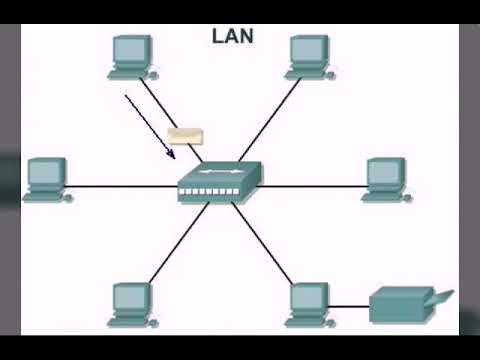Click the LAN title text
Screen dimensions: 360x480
coord(233,37)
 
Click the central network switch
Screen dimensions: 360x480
coord(220,182)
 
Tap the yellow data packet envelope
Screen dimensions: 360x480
coord(183,136)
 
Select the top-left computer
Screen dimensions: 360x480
coord(133,57)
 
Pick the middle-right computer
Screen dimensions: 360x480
coord(385,180)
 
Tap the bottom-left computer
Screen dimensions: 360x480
coord(133,304)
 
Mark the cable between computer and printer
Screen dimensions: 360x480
coord(350,306)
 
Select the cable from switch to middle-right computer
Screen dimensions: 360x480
coord(310,185)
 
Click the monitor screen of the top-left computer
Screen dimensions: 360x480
coord(131,49)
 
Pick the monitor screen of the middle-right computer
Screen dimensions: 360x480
coord(384,172)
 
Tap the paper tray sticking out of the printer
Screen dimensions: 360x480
coord(441,297)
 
